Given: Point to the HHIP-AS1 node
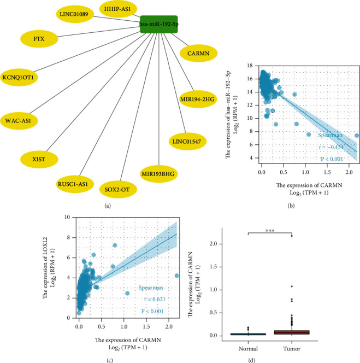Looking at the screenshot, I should [118, 10].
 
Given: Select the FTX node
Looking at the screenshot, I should [39, 39].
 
